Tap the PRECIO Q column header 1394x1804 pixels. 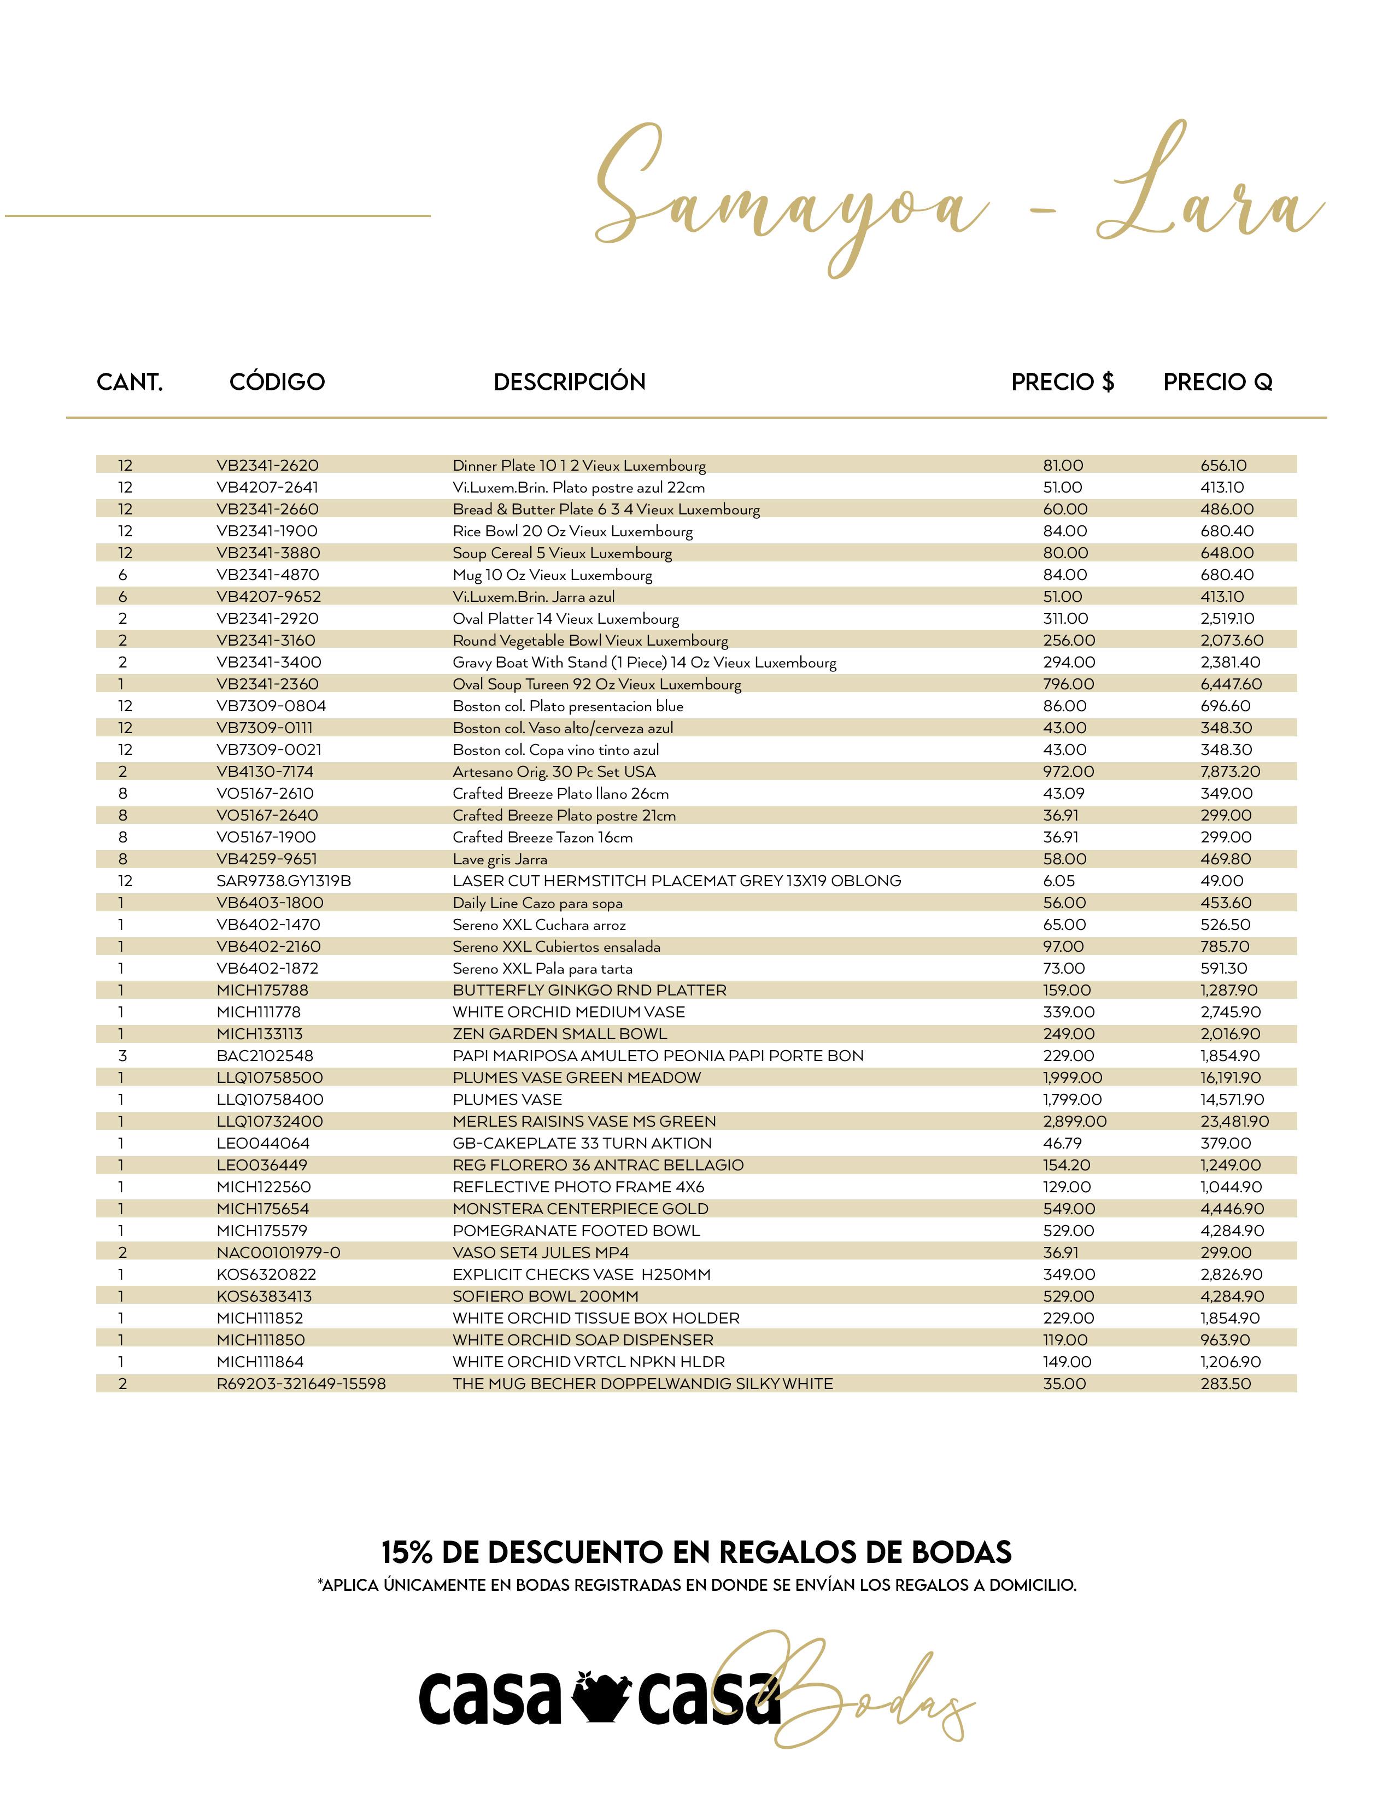click(x=1217, y=382)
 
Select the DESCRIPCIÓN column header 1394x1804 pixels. click(x=569, y=382)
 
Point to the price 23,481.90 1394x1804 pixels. click(x=1234, y=1121)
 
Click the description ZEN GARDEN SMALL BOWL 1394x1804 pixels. click(x=559, y=1033)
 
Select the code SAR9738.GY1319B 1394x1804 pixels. click(x=283, y=881)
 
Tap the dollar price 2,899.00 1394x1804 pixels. click(x=1074, y=1121)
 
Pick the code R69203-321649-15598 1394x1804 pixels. click(x=301, y=1384)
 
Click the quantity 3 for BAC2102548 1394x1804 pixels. click(x=122, y=1056)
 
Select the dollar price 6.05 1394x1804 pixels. click(x=1059, y=881)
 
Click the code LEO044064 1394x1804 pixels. click(x=262, y=1143)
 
